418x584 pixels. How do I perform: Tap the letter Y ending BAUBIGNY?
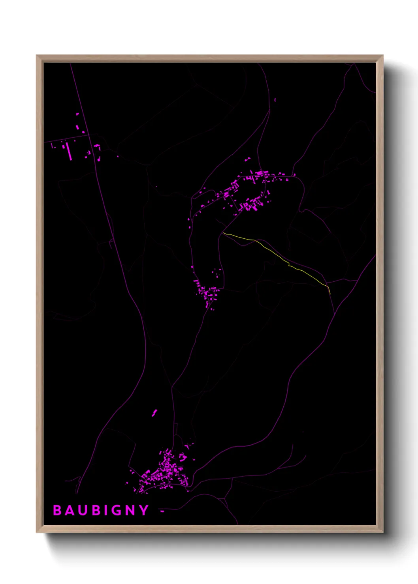coord(143,510)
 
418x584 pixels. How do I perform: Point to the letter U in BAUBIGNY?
coord(82,510)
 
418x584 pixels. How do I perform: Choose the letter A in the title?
coord(69,510)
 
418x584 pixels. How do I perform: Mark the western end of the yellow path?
coord(224,233)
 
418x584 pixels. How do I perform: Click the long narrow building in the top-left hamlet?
coord(69,151)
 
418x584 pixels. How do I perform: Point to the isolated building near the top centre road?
coord(275,100)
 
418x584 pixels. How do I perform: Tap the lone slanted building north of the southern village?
coord(154,413)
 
